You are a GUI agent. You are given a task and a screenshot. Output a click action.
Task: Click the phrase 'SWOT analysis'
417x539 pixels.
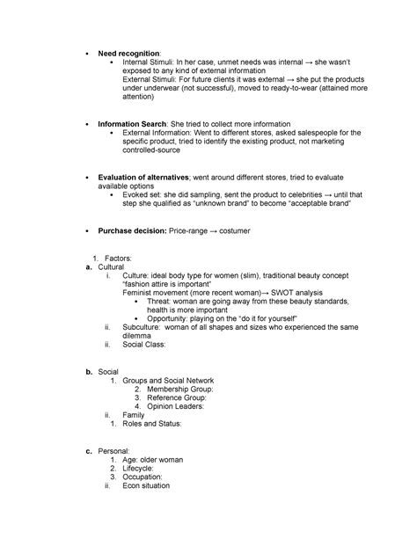[x=296, y=291]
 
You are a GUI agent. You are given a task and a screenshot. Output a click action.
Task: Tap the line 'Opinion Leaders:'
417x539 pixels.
[x=174, y=407]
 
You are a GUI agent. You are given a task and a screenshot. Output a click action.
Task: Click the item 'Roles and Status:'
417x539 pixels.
[x=157, y=425]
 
